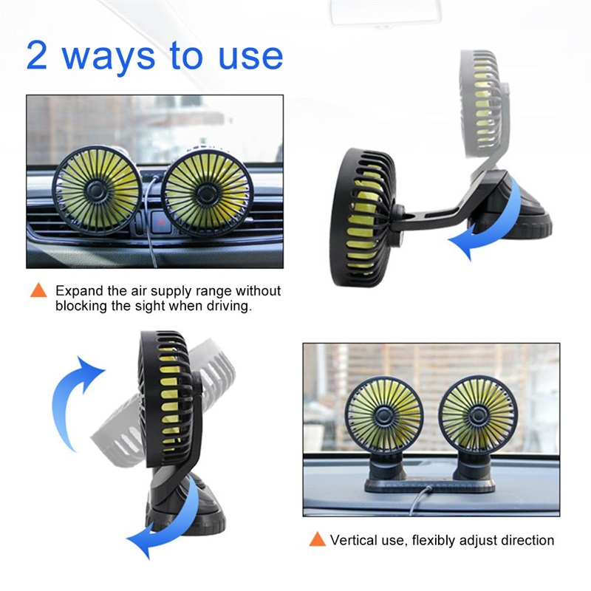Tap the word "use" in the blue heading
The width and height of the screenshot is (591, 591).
tap(249, 58)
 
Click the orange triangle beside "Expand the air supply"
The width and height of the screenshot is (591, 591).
tap(38, 290)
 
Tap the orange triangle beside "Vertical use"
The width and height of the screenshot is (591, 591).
tap(317, 539)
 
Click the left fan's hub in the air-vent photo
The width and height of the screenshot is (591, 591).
tap(96, 191)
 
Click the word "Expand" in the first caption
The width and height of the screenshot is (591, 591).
tap(78, 290)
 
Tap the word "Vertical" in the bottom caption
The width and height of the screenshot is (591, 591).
tap(352, 540)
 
